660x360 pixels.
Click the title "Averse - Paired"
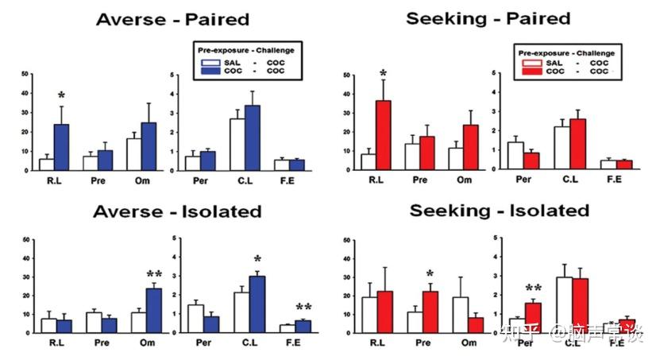click(172, 19)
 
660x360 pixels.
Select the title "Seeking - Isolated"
click(499, 211)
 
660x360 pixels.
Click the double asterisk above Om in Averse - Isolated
click(153, 276)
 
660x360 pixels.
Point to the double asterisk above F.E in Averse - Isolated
click(303, 308)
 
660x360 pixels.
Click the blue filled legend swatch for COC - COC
click(210, 70)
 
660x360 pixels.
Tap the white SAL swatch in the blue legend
click(210, 60)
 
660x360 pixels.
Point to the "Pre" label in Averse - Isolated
click(101, 345)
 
